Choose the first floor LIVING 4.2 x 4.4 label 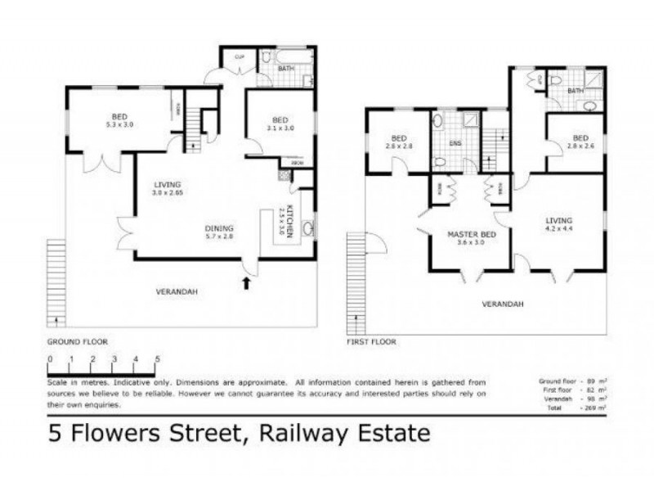[559, 225]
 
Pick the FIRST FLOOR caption [372, 340]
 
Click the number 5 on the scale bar [157, 359]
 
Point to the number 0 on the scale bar [50, 359]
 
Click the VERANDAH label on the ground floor [177, 291]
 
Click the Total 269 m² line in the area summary [572, 407]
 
